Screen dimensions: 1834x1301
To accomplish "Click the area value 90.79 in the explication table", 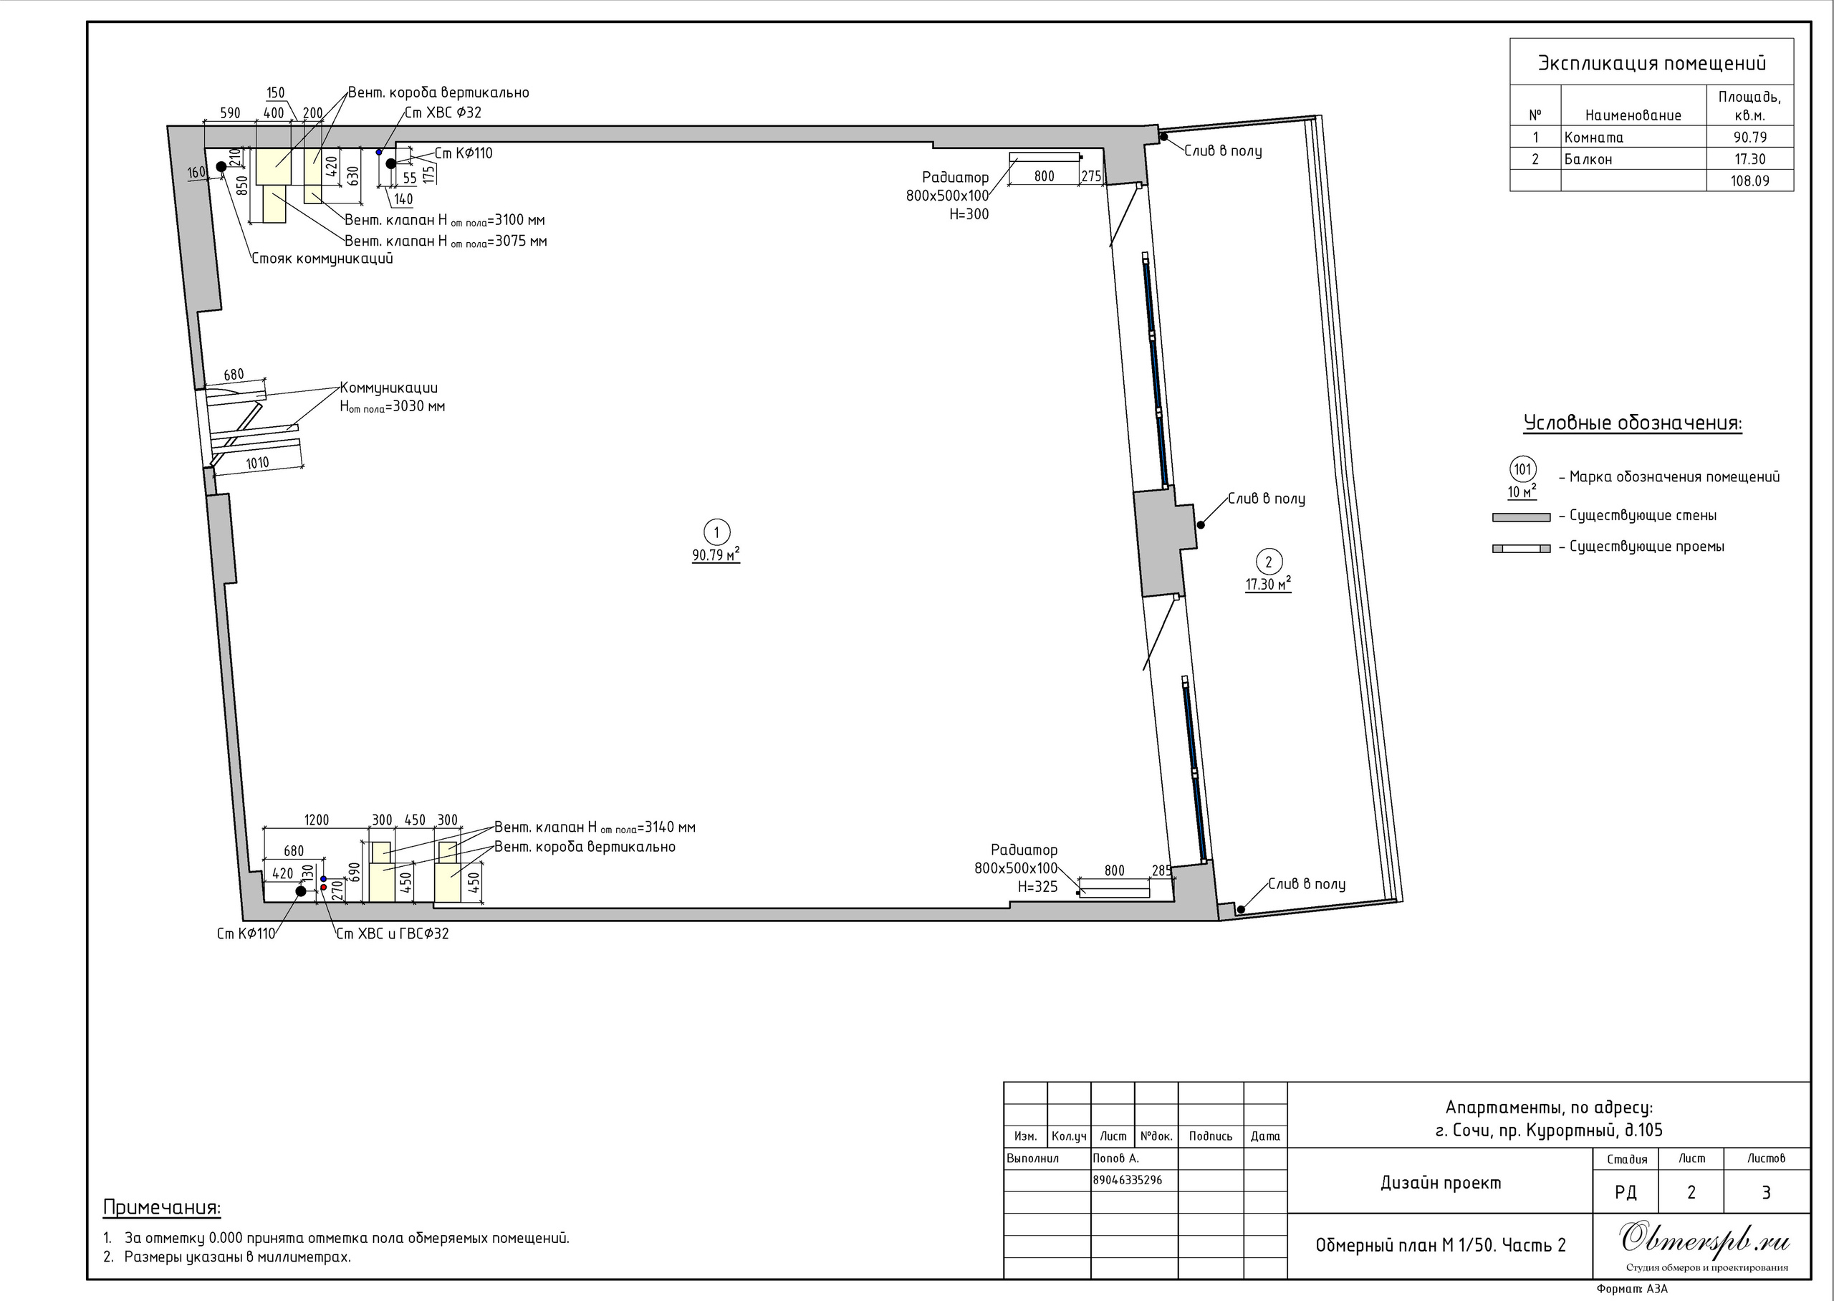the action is pos(1750,137).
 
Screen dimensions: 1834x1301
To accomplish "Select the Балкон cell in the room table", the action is pos(1588,158).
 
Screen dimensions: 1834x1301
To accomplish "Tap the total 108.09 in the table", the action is pos(1750,181).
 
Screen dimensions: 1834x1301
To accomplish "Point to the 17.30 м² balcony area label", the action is pos(1268,585).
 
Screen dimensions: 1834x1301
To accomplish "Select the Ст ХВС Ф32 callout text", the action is pos(443,112).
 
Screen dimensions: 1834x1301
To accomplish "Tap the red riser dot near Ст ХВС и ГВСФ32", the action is pos(324,888).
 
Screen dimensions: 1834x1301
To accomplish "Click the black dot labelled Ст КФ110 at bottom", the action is pos(301,890).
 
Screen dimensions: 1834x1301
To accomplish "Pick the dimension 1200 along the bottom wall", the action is pos(317,820).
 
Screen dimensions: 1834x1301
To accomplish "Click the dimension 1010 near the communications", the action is pos(257,463).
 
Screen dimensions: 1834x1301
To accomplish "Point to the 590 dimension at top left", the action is pos(230,113).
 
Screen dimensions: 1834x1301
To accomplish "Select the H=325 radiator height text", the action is pos(1037,887).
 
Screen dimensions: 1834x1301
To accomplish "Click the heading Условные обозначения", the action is pos(1632,423).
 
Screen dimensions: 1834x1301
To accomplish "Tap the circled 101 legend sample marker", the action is pos(1522,469).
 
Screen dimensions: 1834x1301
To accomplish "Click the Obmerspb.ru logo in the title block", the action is pos(1705,1239).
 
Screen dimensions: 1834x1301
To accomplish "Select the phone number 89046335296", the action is pos(1127,1180).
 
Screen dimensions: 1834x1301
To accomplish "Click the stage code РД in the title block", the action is pos(1625,1192).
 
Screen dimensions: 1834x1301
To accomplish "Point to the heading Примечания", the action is pos(162,1207).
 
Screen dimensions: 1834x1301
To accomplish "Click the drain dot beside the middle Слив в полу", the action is pos(1201,524).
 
